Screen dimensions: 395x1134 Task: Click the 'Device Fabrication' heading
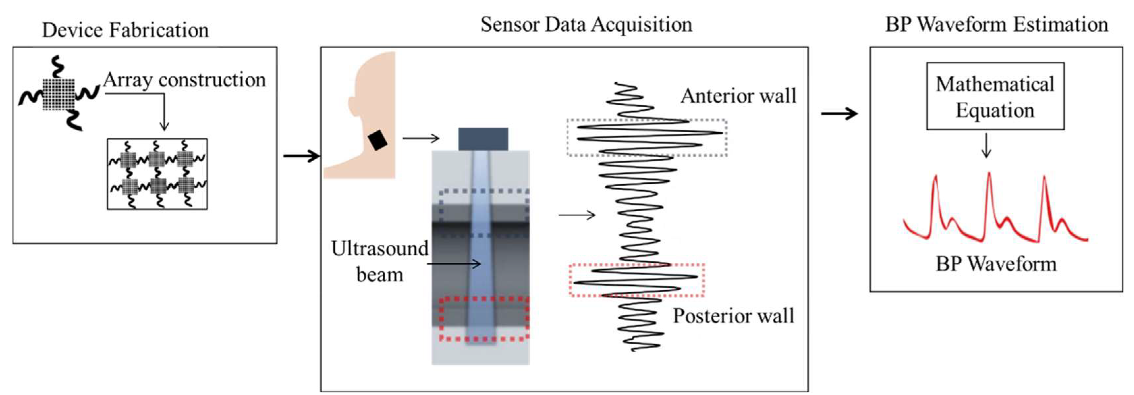pyautogui.click(x=125, y=30)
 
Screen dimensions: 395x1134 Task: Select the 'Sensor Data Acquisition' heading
pyautogui.click(x=586, y=24)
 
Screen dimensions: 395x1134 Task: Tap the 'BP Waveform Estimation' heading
pyautogui.click(x=997, y=24)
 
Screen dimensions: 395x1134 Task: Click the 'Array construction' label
pyautogui.click(x=184, y=80)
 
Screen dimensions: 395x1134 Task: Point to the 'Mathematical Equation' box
pyautogui.click(x=995, y=96)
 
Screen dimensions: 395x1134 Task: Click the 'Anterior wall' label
pyautogui.click(x=738, y=96)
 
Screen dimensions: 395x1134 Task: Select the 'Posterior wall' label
pyautogui.click(x=733, y=316)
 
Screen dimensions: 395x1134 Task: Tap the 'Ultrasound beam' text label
pyautogui.click(x=379, y=261)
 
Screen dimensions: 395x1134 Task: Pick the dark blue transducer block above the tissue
pyautogui.click(x=483, y=139)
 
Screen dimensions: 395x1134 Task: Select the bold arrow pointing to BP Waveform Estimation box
pyautogui.click(x=839, y=114)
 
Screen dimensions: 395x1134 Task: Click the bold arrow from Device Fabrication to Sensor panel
pyautogui.click(x=301, y=156)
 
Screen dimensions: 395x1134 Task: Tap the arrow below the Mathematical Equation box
pyautogui.click(x=986, y=145)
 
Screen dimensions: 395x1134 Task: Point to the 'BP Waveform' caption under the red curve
pyautogui.click(x=996, y=264)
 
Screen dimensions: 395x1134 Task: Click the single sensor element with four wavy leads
pyautogui.click(x=59, y=94)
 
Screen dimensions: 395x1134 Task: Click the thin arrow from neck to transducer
pyautogui.click(x=421, y=139)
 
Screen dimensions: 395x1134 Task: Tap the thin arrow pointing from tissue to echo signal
pyautogui.click(x=577, y=215)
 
